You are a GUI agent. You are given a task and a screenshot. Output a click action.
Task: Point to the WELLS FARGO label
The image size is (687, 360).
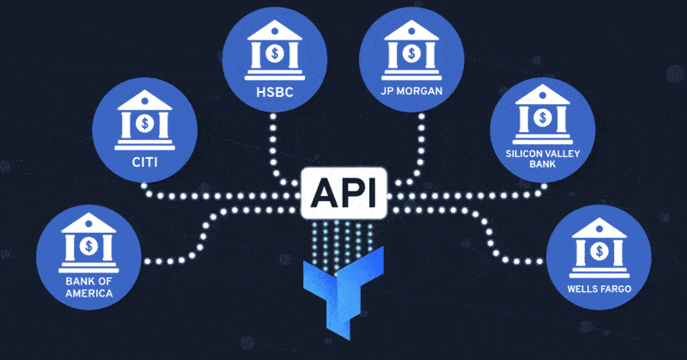(599, 290)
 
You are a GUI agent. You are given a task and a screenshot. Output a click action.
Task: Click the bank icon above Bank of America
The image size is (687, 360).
(88, 242)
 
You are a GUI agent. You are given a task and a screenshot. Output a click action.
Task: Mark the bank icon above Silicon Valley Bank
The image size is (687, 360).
(543, 113)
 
